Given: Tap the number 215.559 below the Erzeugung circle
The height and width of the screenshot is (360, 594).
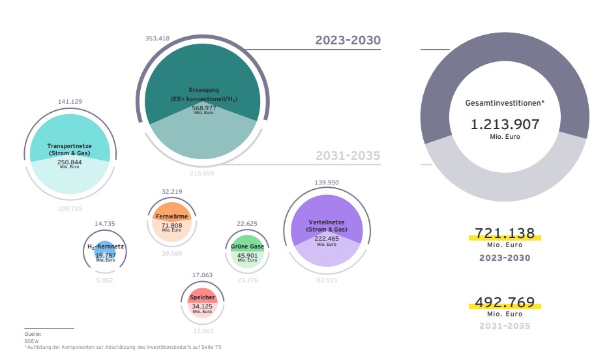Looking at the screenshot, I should [201, 173].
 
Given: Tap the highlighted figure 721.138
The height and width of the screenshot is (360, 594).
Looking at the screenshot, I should [505, 233].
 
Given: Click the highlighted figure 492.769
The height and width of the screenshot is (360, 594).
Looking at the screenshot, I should [505, 303].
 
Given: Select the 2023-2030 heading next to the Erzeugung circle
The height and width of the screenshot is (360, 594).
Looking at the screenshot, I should [348, 40].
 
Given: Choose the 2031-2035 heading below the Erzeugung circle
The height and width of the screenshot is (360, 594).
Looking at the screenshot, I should [348, 156].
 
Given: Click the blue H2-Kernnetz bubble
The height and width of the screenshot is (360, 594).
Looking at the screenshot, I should [105, 252].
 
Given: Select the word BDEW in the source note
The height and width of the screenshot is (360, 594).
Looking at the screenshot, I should [31, 340].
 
